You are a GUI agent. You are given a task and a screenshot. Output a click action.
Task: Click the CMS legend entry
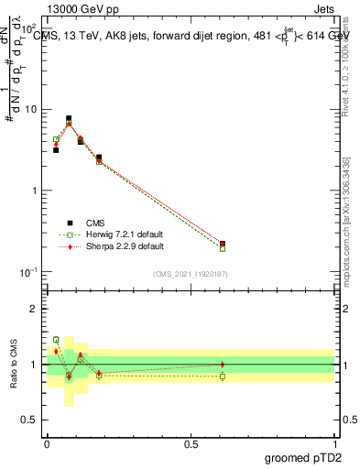[94, 223]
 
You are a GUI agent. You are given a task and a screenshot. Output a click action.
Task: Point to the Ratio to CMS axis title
[15, 364]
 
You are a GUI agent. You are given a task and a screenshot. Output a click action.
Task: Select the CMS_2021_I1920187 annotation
[191, 274]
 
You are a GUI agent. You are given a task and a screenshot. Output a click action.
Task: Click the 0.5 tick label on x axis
[191, 444]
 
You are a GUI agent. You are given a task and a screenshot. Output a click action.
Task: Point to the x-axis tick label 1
[334, 444]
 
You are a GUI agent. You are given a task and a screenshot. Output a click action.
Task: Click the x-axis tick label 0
[47, 444]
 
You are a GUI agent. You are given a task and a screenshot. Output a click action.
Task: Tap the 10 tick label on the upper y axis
[32, 110]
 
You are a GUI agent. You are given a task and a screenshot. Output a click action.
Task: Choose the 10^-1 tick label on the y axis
[29, 272]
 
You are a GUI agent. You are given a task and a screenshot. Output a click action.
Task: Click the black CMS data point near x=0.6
[223, 245]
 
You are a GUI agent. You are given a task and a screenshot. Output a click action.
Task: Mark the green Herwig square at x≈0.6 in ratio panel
[223, 376]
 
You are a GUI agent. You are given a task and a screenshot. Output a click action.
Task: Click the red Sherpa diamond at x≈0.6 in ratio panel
[223, 365]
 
